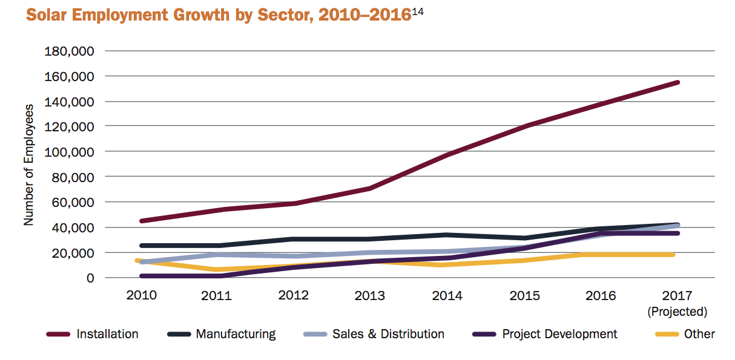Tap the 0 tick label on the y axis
90,278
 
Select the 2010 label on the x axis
142,295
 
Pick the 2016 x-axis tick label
601,295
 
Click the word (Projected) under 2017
677,312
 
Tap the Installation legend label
107,334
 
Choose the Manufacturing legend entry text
236,334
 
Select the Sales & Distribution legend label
388,334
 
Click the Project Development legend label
560,334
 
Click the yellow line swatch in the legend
666,334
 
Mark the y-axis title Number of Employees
28,165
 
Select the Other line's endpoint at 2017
672,255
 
